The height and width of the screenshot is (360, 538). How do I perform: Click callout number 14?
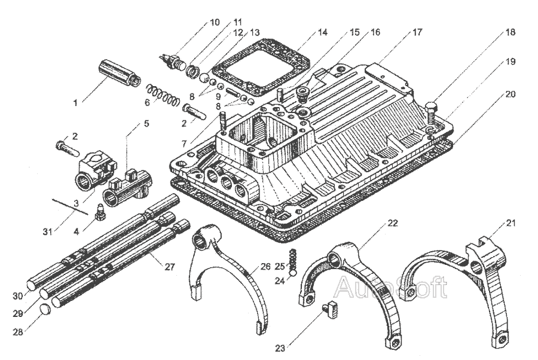click(x=323, y=32)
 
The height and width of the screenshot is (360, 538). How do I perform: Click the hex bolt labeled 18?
click(x=432, y=112)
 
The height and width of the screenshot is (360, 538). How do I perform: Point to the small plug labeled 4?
click(x=100, y=209)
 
